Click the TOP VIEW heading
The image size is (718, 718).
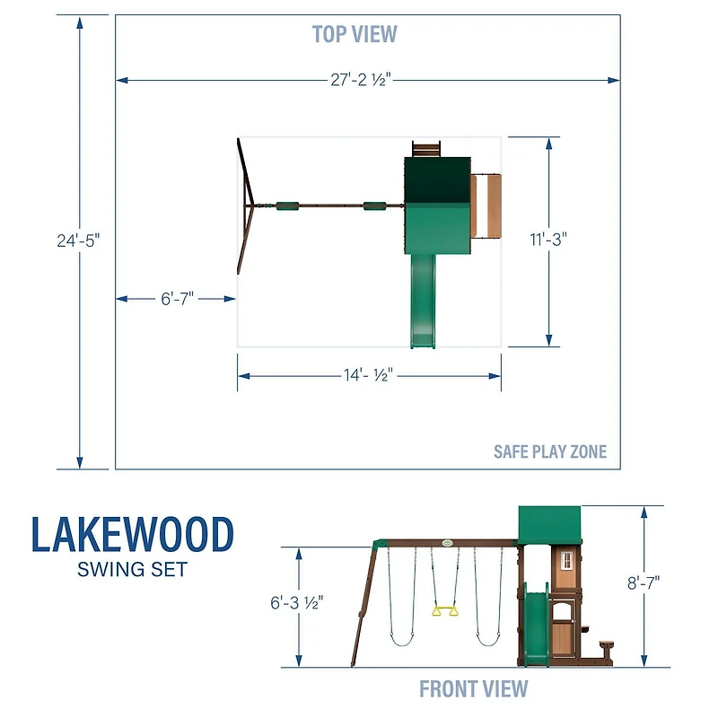pyautogui.click(x=355, y=34)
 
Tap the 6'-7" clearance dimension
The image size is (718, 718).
pyautogui.click(x=178, y=299)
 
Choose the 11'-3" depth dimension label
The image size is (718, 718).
pyautogui.click(x=548, y=240)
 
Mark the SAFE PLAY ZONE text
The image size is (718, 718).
pyautogui.click(x=549, y=451)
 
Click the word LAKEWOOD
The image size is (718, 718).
pyautogui.click(x=133, y=535)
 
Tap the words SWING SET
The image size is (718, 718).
pyautogui.click(x=133, y=570)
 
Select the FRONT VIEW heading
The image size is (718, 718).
pyautogui.click(x=473, y=689)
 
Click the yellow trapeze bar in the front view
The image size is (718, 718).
pyautogui.click(x=442, y=611)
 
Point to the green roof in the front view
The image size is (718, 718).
pyautogui.click(x=550, y=522)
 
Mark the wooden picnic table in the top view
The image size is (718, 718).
pyautogui.click(x=486, y=206)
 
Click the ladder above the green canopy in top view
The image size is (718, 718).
pyautogui.click(x=426, y=148)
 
